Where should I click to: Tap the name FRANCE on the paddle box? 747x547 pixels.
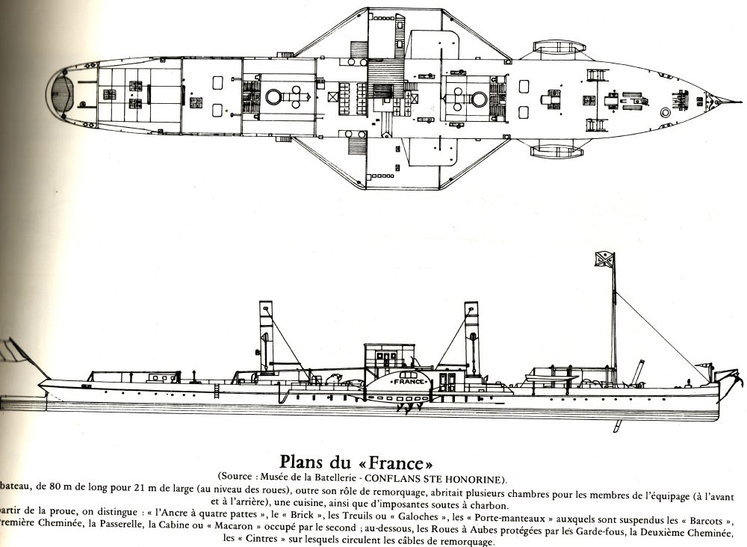click(x=409, y=380)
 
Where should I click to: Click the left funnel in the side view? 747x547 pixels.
click(x=266, y=336)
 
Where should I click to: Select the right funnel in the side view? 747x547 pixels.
click(x=471, y=336)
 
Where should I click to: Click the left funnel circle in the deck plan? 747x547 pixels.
click(x=273, y=95)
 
